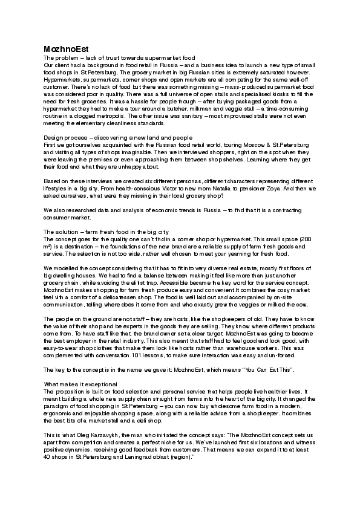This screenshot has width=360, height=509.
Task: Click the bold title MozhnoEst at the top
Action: [62, 48]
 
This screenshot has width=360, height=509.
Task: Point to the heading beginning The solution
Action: [106, 232]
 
